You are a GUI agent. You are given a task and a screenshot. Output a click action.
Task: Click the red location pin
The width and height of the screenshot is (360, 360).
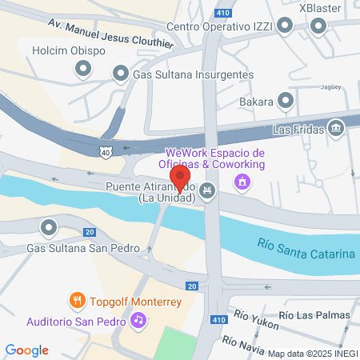(x=180, y=177)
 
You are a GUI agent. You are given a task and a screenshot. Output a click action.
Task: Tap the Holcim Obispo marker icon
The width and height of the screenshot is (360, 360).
(x=82, y=70)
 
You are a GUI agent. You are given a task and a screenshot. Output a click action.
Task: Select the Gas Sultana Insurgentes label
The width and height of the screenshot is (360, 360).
(x=194, y=74)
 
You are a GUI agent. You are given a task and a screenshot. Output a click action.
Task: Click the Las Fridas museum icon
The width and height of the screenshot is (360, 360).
(x=336, y=128)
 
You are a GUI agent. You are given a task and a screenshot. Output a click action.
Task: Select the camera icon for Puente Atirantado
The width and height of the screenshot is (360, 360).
(x=209, y=190)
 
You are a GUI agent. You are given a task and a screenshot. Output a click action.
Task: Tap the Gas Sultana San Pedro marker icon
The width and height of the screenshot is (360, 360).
(x=50, y=228)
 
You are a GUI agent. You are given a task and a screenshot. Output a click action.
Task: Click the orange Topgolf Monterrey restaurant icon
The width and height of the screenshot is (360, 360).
(x=78, y=302)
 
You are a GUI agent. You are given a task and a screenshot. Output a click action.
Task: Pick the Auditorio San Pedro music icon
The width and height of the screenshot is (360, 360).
(x=139, y=321)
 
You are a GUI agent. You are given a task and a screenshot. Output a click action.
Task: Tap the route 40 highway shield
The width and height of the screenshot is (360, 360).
(x=106, y=150)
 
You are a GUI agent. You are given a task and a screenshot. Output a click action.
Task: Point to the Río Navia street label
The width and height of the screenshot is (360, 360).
(x=244, y=346)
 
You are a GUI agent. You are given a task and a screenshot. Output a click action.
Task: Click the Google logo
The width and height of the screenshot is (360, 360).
(x=27, y=350)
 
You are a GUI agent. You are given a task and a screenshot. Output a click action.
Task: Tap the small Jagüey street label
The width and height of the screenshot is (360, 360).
(x=331, y=87)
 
